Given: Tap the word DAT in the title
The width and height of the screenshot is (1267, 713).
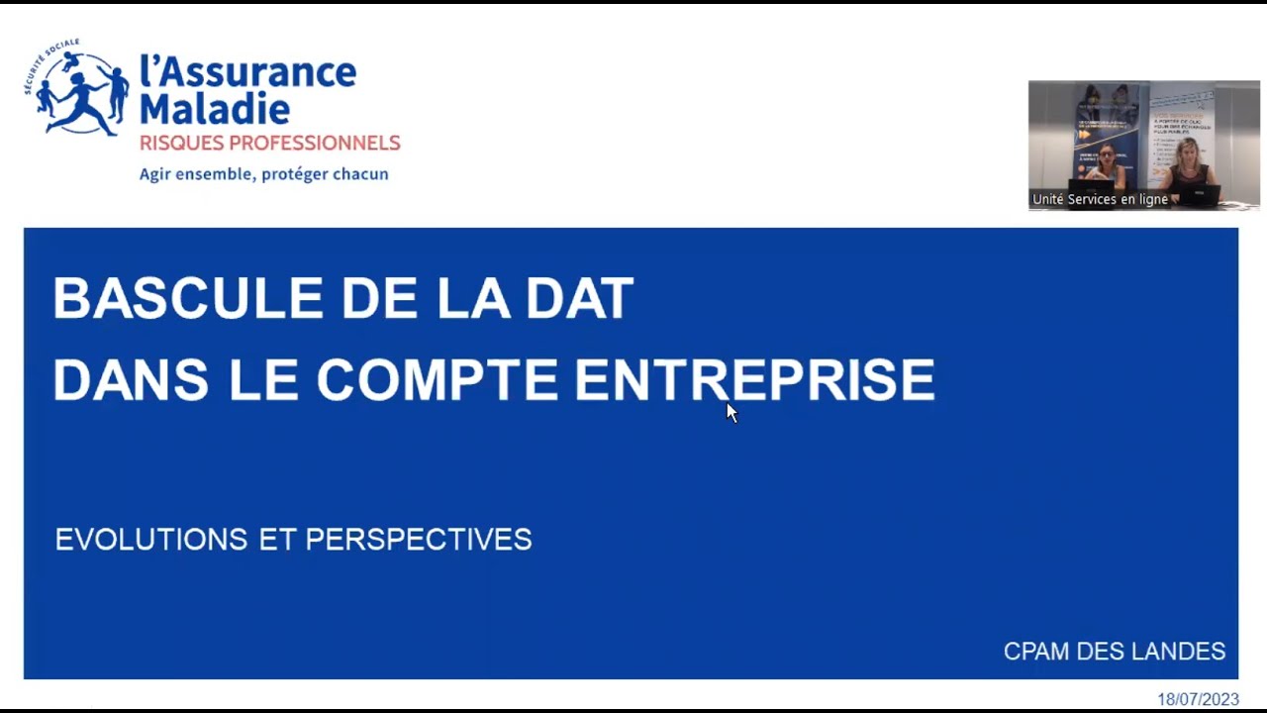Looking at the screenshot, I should point(579,298).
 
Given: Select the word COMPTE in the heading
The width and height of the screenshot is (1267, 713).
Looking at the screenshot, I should point(437,380).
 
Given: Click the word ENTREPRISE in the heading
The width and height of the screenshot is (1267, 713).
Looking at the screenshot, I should point(754,380).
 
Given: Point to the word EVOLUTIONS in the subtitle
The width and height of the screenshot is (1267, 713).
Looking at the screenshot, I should point(151,540).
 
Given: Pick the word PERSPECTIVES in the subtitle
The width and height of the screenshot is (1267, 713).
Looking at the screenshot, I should point(419,540).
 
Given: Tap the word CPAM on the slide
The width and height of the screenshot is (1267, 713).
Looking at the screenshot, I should point(1035,652).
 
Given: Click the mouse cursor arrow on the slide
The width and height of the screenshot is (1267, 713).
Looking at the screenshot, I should point(731,411).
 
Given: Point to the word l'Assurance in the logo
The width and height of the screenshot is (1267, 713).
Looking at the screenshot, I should point(247,71).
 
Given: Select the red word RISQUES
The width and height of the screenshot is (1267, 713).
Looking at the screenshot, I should point(180,144).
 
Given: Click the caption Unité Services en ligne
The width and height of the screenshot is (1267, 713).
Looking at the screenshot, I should point(1100,199).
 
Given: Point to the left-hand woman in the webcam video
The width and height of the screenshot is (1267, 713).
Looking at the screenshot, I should point(1106,166).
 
